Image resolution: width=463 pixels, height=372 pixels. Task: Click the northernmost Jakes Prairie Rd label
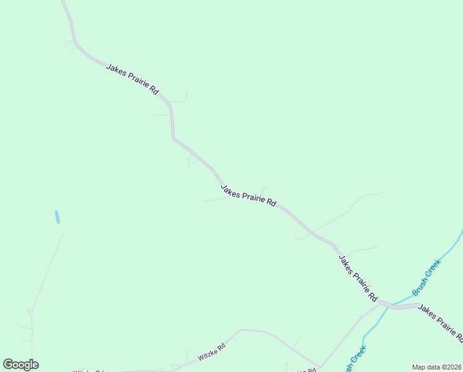click(132, 79)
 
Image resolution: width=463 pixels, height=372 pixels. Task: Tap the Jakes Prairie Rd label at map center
click(248, 195)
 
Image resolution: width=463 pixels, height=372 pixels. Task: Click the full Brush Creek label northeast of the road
click(426, 277)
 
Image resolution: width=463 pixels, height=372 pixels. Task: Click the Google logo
click(20, 365)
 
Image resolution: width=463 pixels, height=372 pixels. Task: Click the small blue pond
click(58, 216)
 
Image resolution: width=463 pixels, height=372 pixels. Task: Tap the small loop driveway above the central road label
click(265, 188)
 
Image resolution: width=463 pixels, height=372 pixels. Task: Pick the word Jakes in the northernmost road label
click(116, 69)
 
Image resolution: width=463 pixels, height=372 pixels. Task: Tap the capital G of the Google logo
click(8, 365)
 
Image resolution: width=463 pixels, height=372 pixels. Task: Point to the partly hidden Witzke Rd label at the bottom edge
click(87, 371)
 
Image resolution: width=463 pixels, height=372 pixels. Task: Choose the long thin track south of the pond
click(47, 273)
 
